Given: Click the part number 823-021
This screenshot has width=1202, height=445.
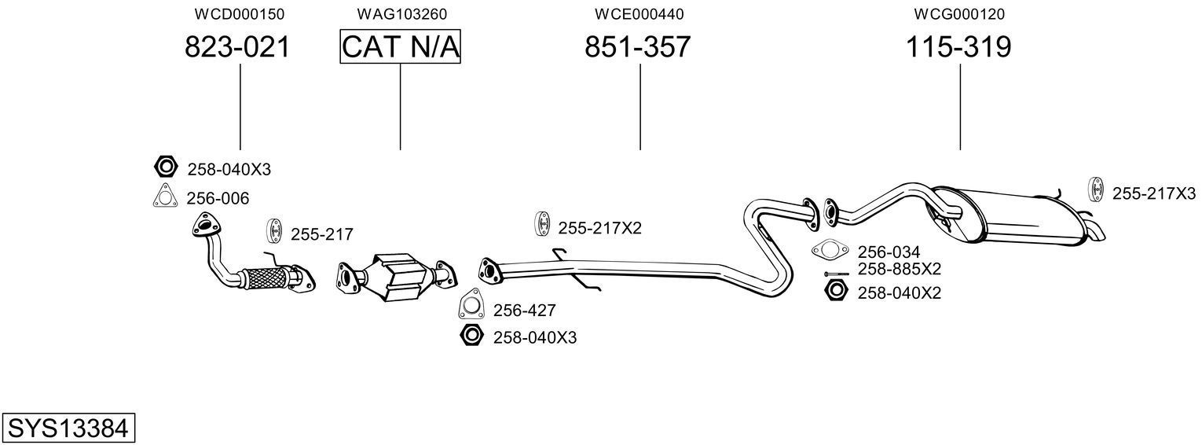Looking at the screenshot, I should (x=237, y=47).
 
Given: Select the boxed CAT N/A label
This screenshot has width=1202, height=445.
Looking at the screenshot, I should (x=400, y=47).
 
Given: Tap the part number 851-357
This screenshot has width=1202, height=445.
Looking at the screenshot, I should (x=637, y=47).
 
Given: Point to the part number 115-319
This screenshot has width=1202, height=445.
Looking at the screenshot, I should (x=958, y=47).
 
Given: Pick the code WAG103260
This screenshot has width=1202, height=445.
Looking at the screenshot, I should (x=401, y=14).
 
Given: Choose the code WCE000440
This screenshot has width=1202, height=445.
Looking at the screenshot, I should (x=639, y=14).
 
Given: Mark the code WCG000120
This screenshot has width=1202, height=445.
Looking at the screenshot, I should (x=959, y=14).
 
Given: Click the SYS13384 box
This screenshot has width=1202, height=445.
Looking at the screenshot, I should (x=68, y=428).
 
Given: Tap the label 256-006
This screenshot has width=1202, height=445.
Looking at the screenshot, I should (x=218, y=199).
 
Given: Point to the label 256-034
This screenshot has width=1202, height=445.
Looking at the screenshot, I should (x=888, y=252).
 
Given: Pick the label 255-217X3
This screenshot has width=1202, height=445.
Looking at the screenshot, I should (x=1153, y=193).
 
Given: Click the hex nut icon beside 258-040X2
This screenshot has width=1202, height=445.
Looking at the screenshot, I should (x=835, y=292).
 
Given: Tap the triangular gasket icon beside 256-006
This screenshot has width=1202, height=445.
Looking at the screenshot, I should (x=163, y=197).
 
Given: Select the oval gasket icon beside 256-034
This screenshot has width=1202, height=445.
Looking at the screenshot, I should (x=830, y=252).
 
